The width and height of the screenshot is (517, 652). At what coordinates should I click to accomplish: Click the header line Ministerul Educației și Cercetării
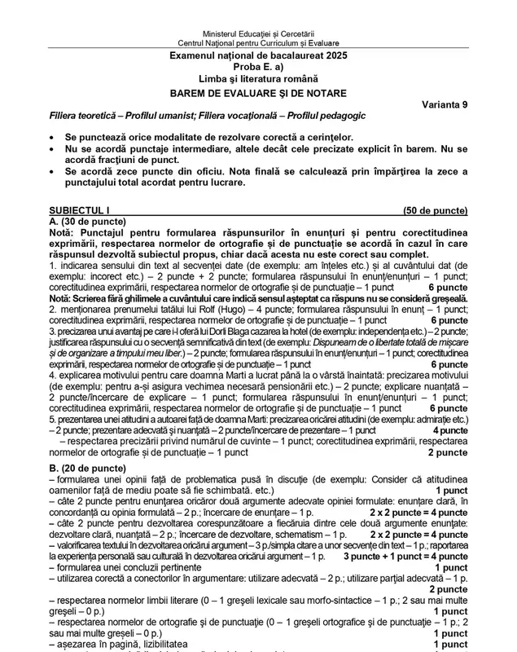click(258, 31)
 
